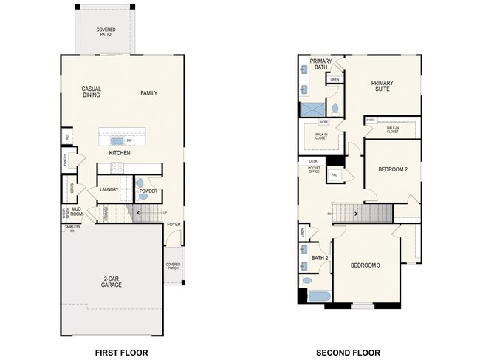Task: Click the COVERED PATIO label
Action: point(106,32)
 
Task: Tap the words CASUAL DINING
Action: point(92,92)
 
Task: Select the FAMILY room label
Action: point(149,92)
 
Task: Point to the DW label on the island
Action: point(129,140)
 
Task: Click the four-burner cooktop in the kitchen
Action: point(151,168)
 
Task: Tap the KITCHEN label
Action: point(120,152)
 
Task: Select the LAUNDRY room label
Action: point(109,190)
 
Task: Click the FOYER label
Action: point(174,224)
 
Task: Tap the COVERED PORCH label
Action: point(173,266)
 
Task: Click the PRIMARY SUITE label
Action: point(383,86)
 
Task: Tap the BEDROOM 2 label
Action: point(393,169)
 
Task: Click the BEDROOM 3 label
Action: point(365,265)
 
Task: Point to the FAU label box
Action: point(334,174)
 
